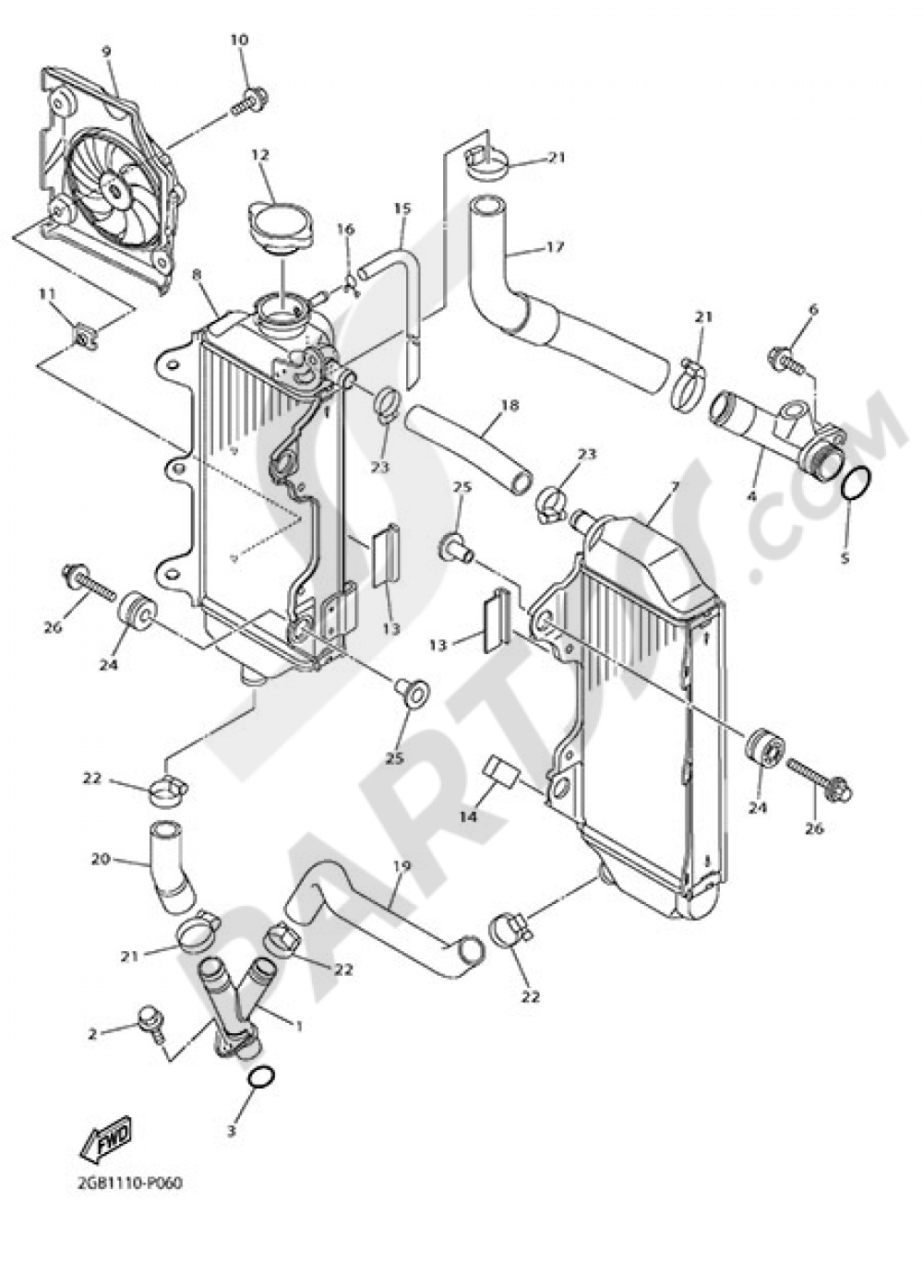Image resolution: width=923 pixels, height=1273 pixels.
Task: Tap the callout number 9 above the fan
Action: click(106, 52)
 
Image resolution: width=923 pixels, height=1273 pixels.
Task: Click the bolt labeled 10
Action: click(253, 96)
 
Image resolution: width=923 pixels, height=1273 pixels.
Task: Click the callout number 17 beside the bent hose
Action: click(555, 247)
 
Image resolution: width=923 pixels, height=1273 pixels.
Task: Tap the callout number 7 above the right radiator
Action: click(675, 485)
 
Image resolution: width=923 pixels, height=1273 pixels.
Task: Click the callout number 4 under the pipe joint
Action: click(752, 495)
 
